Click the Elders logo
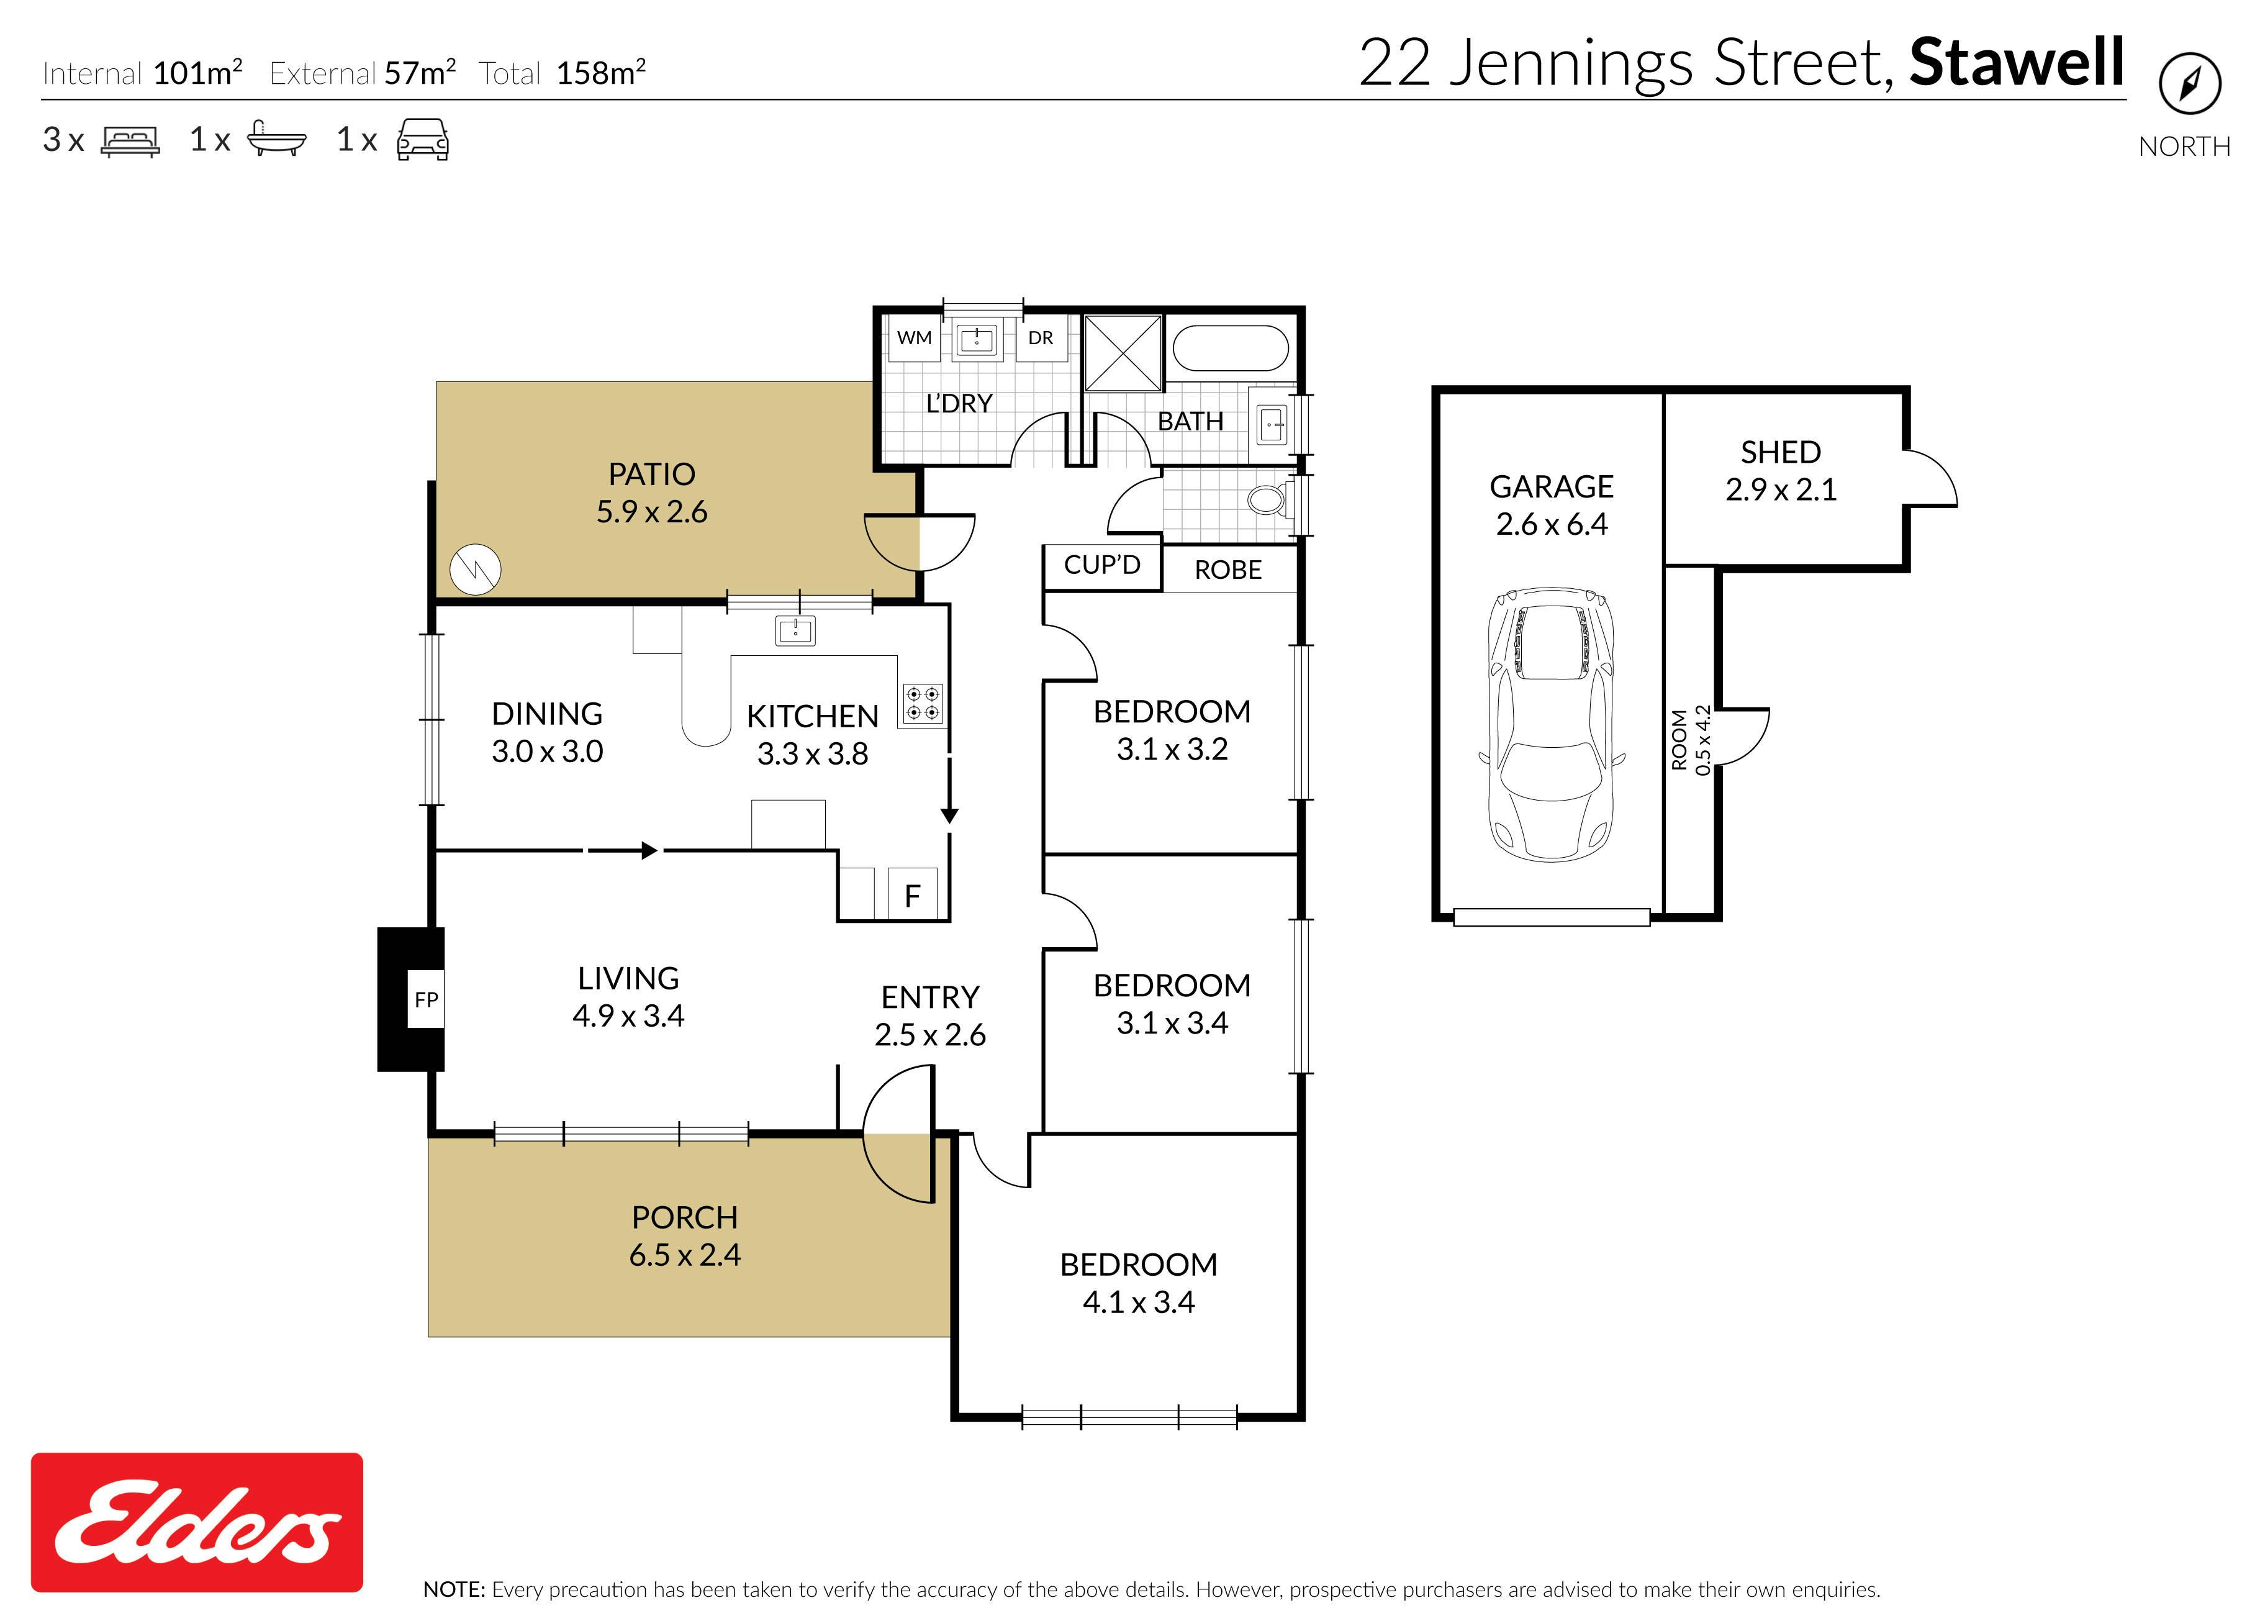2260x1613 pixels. tap(197, 1522)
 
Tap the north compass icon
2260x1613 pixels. tap(2189, 83)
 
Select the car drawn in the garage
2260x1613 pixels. tap(1551, 723)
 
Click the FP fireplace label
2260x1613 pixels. tap(426, 1000)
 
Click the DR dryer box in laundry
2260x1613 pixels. tap(1041, 338)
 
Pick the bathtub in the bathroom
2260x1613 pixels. tap(1231, 348)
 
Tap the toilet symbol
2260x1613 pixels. tap(1270, 499)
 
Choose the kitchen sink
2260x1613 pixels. tap(795, 630)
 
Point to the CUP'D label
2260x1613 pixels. tap(1102, 565)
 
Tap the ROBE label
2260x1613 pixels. tap(1228, 570)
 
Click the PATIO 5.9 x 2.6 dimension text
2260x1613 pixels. tap(651, 512)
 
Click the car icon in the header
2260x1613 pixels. tap(423, 139)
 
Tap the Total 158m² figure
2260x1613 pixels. tap(562, 73)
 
